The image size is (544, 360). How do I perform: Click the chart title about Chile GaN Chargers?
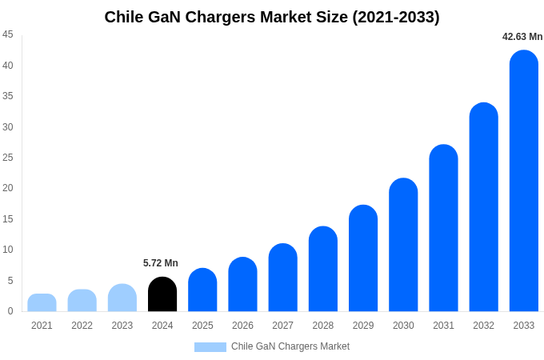pyautogui.click(x=272, y=17)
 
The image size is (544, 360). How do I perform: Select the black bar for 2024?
pyautogui.click(x=162, y=294)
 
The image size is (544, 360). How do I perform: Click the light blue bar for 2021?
pyautogui.click(x=42, y=303)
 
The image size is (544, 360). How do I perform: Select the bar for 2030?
pyautogui.click(x=403, y=245)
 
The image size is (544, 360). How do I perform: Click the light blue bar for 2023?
pyautogui.click(x=122, y=298)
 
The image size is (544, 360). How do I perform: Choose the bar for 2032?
pyautogui.click(x=484, y=207)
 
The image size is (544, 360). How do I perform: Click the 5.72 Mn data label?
pyautogui.click(x=161, y=263)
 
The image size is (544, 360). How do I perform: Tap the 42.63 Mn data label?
pyautogui.click(x=522, y=37)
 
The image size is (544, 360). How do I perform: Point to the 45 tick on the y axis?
pyautogui.click(x=8, y=34)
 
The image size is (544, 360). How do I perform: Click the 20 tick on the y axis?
pyautogui.click(x=8, y=188)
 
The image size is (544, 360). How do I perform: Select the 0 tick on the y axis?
pyautogui.click(x=10, y=311)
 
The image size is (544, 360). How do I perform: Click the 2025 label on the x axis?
pyautogui.click(x=202, y=326)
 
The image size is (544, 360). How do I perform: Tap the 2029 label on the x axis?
pyautogui.click(x=363, y=326)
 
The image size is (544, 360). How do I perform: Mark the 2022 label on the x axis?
pyautogui.click(x=82, y=326)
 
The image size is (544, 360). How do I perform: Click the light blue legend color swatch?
pyautogui.click(x=210, y=347)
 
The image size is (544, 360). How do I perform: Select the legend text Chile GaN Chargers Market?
pyautogui.click(x=290, y=346)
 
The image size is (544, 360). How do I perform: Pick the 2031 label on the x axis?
pyautogui.click(x=443, y=326)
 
